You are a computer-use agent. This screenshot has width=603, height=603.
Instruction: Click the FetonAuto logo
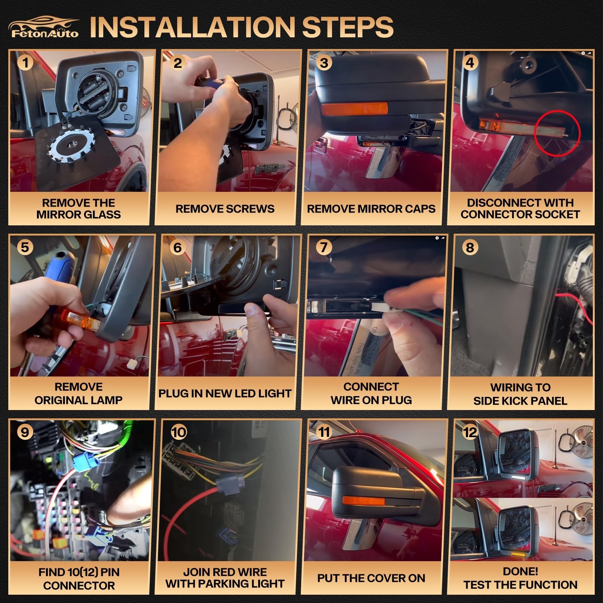pos(44,27)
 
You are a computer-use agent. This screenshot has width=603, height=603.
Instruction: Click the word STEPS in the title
pos(348,27)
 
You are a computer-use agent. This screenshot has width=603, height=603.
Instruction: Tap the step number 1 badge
pos(25,62)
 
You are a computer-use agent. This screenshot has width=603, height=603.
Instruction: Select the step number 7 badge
pos(324,247)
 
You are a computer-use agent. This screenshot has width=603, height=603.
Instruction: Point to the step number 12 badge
pos(470,432)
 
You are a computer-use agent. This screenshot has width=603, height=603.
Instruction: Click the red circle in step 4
pos(557,133)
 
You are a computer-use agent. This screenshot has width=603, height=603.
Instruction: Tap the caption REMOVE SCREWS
pos(225,209)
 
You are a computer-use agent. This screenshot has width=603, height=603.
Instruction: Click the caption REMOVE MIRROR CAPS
pos(371,209)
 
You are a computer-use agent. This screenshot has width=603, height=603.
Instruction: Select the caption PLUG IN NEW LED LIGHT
pos(225,393)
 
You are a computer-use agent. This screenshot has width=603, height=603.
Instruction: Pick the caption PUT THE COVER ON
pos(371,578)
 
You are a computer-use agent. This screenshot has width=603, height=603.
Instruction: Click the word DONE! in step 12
pos(520,571)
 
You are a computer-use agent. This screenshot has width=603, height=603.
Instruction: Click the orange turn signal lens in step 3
pos(354,109)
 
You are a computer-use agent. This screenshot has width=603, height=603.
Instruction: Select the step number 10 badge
pos(179,432)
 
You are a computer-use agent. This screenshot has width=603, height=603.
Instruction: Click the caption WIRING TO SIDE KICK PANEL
pos(520,394)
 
